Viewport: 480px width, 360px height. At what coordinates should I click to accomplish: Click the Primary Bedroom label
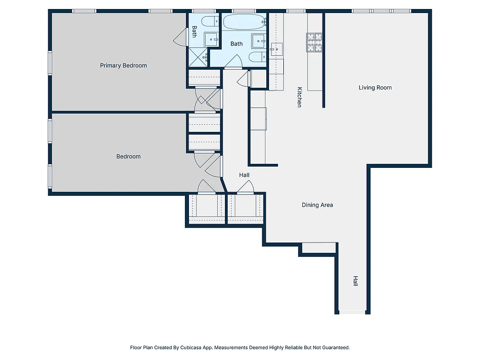(123, 66)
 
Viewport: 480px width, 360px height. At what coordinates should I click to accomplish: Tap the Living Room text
(375, 88)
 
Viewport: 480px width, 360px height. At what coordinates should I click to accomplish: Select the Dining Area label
(317, 205)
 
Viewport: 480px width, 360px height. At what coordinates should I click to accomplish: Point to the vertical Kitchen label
(299, 97)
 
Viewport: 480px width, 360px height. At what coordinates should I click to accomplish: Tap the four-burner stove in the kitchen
(315, 42)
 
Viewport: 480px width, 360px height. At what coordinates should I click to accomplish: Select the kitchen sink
(276, 48)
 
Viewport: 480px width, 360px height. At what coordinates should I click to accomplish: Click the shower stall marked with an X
(197, 57)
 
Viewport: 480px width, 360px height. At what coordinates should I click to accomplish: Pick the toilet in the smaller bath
(209, 22)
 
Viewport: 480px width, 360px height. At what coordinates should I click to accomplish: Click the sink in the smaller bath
(211, 39)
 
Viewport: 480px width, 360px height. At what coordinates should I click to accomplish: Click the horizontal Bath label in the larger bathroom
(237, 44)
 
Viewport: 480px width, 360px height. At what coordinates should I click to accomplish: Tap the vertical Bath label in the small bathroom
(194, 31)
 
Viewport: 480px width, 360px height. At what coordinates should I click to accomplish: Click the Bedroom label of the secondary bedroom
(129, 157)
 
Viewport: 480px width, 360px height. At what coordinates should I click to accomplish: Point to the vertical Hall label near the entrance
(355, 281)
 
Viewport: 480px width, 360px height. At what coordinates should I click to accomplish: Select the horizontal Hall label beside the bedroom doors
(244, 175)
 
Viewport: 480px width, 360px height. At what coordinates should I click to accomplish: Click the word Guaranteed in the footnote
(334, 347)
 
